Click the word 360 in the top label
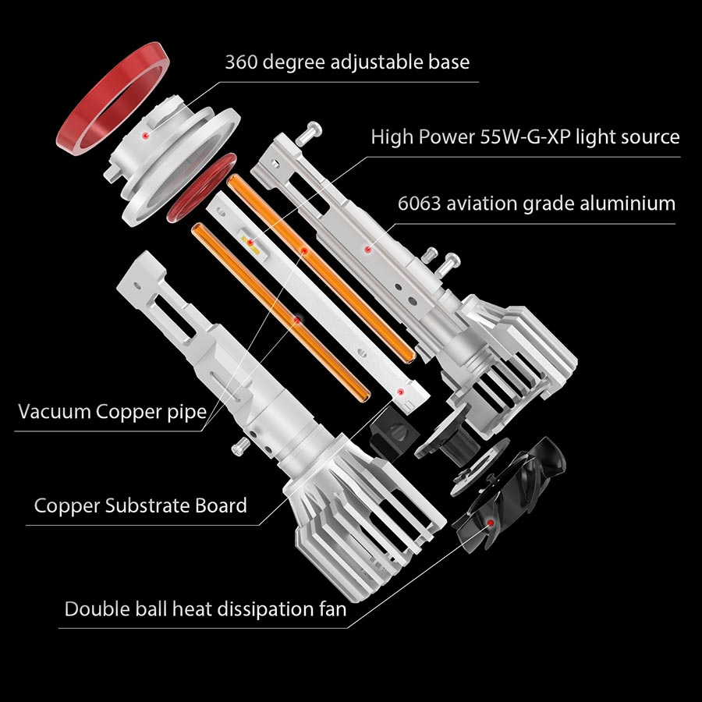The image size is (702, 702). (241, 62)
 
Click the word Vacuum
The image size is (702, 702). (55, 412)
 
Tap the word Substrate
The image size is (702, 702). (147, 506)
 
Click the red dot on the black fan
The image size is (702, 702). (491, 523)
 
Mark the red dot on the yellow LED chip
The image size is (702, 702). (251, 243)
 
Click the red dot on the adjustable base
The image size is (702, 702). (144, 135)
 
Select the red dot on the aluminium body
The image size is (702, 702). (367, 250)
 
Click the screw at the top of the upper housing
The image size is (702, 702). (309, 132)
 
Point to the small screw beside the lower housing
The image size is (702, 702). (241, 446)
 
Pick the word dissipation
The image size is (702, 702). (256, 609)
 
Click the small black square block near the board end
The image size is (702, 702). (394, 438)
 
